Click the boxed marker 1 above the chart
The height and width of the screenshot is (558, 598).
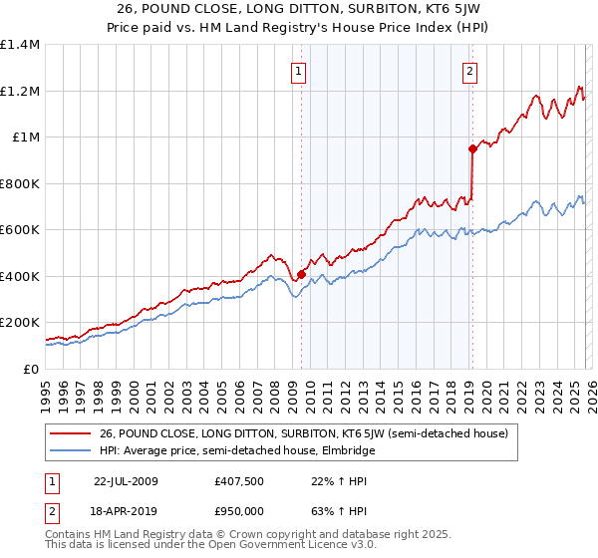pyautogui.click(x=299, y=71)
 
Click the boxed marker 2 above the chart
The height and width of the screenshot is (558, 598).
pyautogui.click(x=469, y=71)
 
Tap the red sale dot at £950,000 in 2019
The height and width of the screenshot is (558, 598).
pyautogui.click(x=471, y=148)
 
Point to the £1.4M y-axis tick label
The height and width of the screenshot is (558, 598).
pyautogui.click(x=20, y=45)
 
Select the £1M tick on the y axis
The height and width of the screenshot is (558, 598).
pyautogui.click(x=26, y=138)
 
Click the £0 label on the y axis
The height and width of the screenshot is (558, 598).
pyautogui.click(x=31, y=369)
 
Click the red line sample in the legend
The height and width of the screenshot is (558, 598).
pyautogui.click(x=70, y=433)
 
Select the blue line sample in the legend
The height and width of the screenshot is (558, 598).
pyautogui.click(x=70, y=450)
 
